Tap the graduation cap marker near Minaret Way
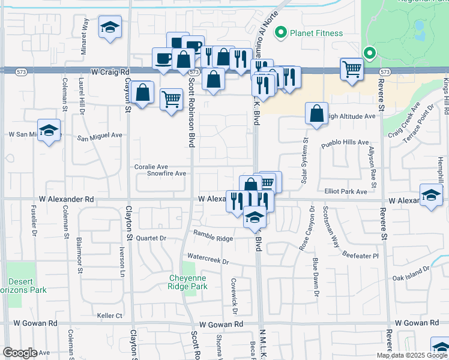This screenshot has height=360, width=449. tap(110, 28)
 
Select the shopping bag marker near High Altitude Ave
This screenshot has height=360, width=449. tap(316, 113)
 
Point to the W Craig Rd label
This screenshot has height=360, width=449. tap(111, 71)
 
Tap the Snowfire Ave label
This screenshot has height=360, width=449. tap(167, 173)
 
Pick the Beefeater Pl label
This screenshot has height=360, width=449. tap(360, 255)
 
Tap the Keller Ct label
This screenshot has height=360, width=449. tap(109, 315)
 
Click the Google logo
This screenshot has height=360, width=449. tap(20, 353)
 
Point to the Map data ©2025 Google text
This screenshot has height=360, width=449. tap(412, 355)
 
